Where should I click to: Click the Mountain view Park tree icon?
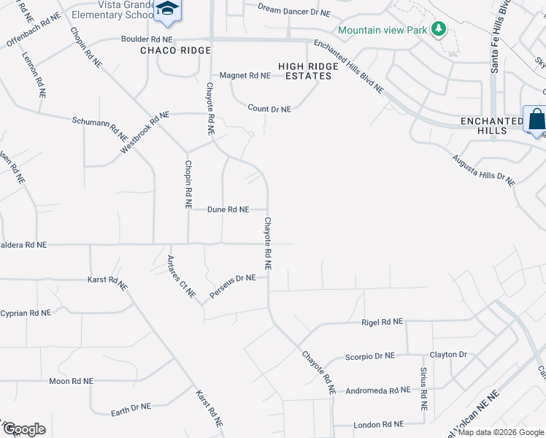point(438,29)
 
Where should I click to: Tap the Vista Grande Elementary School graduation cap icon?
point(168,9)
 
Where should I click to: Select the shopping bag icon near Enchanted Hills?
point(535,119)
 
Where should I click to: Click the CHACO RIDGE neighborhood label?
point(176,50)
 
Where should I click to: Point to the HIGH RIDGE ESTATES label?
point(308,71)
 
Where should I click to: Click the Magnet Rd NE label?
point(245,75)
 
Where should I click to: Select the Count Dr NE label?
point(269,109)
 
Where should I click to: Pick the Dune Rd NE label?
point(228,210)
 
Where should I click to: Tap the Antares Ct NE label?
point(182,277)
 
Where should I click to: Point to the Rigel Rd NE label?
point(382,321)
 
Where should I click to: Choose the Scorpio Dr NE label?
point(369,356)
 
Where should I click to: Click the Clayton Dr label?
point(448,355)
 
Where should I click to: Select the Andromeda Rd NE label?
point(378,391)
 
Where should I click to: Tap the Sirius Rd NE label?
point(423,389)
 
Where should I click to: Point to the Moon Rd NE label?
point(71,381)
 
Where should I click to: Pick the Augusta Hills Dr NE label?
point(483,169)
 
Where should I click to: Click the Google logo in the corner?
point(23,429)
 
